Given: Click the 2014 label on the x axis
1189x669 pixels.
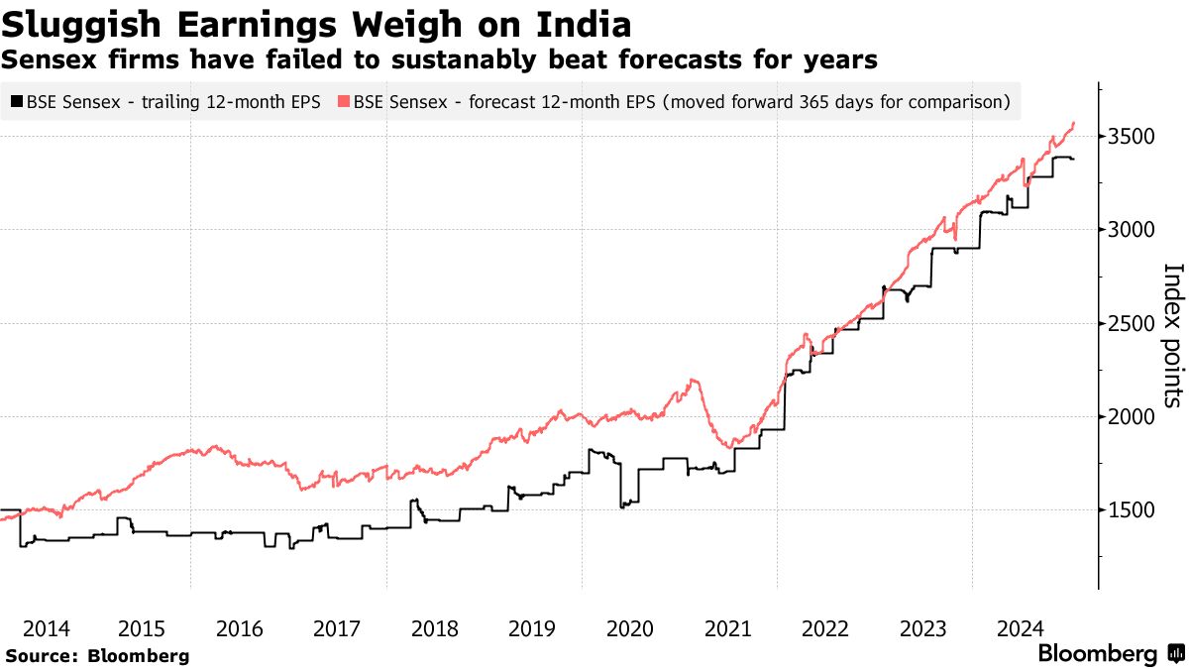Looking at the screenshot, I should click(x=46, y=628).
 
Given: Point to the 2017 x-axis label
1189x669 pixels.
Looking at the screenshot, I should click(x=337, y=628).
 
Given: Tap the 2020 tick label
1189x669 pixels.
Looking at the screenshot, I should click(x=630, y=628).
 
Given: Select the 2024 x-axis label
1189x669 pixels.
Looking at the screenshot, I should click(x=1020, y=628).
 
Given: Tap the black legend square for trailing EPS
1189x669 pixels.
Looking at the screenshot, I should click(x=16, y=101).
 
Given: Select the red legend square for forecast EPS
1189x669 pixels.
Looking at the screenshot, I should click(x=344, y=101).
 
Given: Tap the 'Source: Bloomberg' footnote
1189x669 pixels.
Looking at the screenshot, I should click(x=97, y=655).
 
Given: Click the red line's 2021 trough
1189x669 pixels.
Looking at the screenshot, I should click(x=730, y=447).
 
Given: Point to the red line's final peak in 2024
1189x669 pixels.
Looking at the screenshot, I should click(x=1074, y=123).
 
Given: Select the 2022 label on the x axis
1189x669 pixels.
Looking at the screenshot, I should click(x=824, y=628).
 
